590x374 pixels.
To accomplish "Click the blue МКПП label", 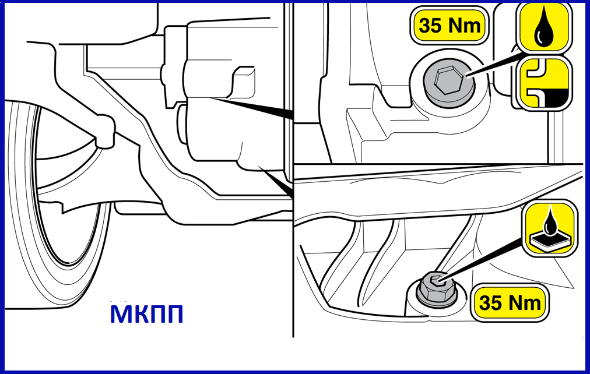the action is click(x=147, y=313).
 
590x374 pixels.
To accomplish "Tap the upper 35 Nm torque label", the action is click(x=449, y=26).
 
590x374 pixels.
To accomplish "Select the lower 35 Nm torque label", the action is click(x=510, y=302).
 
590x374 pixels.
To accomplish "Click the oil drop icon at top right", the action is click(x=544, y=27).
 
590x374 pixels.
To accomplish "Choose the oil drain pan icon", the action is click(x=550, y=228).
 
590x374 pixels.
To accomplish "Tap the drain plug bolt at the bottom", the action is click(x=437, y=288).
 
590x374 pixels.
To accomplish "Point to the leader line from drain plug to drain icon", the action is click(x=482, y=259).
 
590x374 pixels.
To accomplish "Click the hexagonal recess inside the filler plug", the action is click(x=446, y=82).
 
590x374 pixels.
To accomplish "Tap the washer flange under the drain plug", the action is click(x=437, y=296).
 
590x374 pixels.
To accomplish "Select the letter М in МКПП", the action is click(x=121, y=314).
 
